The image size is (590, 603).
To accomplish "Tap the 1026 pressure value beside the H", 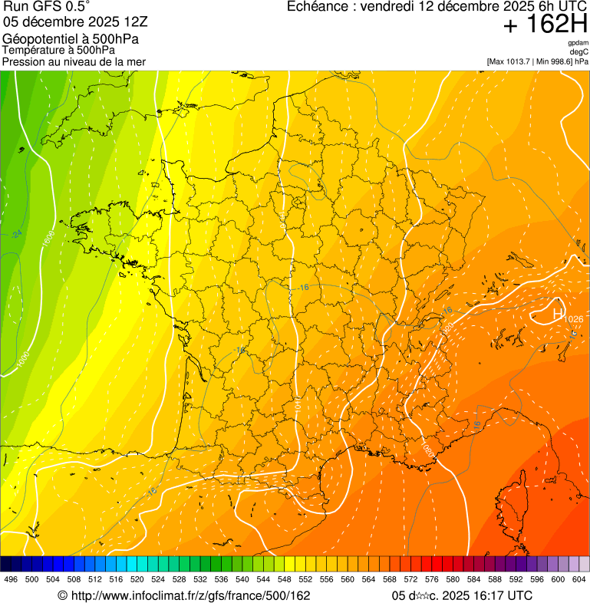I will [x=573, y=319].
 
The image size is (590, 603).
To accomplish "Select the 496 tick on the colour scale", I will [x=11, y=580].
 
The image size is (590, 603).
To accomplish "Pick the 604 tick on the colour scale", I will [x=579, y=580].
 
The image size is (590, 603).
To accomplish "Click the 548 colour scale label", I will [x=284, y=580].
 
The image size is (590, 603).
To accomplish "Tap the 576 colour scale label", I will [x=431, y=580].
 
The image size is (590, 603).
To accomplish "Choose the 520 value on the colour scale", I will [x=137, y=580].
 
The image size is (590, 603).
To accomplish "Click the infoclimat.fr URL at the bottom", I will [x=184, y=595].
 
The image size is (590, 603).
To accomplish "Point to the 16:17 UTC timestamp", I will [x=498, y=595].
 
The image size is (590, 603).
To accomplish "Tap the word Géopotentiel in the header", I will [x=38, y=38].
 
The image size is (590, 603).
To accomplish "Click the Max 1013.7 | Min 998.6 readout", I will [x=537, y=61].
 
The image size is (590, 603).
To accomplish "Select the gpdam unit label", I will [x=578, y=43].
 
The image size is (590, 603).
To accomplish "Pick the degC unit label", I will [x=579, y=52].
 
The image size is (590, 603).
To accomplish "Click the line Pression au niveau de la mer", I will [x=74, y=61].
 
